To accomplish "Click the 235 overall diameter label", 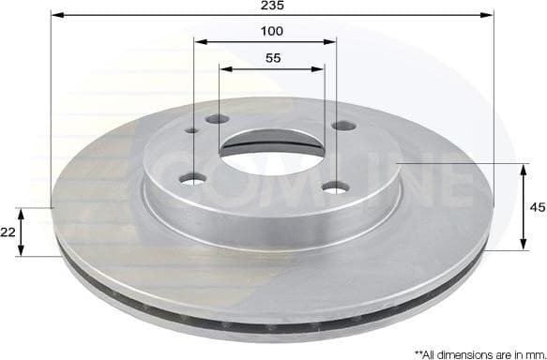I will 272,6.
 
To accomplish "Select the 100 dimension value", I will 272,31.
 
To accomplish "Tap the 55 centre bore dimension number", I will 272,58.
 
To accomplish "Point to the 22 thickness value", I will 8,232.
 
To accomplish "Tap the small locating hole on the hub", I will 192,132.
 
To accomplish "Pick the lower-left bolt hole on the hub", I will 196,176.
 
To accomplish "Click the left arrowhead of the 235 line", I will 54,16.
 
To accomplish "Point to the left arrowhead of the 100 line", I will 198,41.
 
